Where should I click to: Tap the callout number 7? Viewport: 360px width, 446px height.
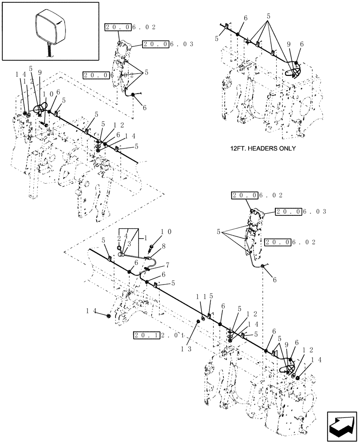click(x=168, y=265)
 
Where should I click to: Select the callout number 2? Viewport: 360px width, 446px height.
click(x=119, y=238)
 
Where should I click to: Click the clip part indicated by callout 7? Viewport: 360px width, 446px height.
click(x=147, y=268)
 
